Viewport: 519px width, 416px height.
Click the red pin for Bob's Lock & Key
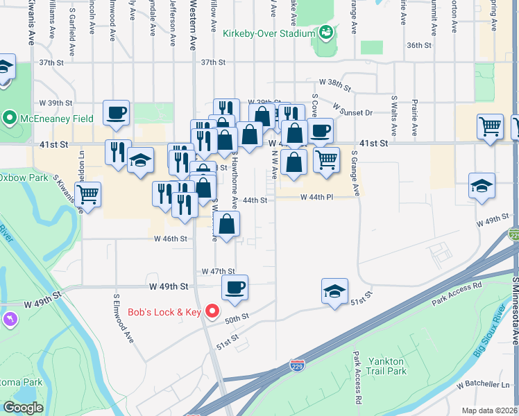pos(214,312)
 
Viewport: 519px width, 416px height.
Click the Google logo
pos(24,407)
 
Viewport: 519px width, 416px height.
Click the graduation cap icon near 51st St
pos(334,291)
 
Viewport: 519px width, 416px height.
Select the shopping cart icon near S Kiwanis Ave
pos(87,194)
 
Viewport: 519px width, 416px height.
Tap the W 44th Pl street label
pos(317,197)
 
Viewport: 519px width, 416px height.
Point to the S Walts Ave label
pos(393,115)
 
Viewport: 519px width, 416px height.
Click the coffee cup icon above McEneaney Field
pos(116,112)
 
